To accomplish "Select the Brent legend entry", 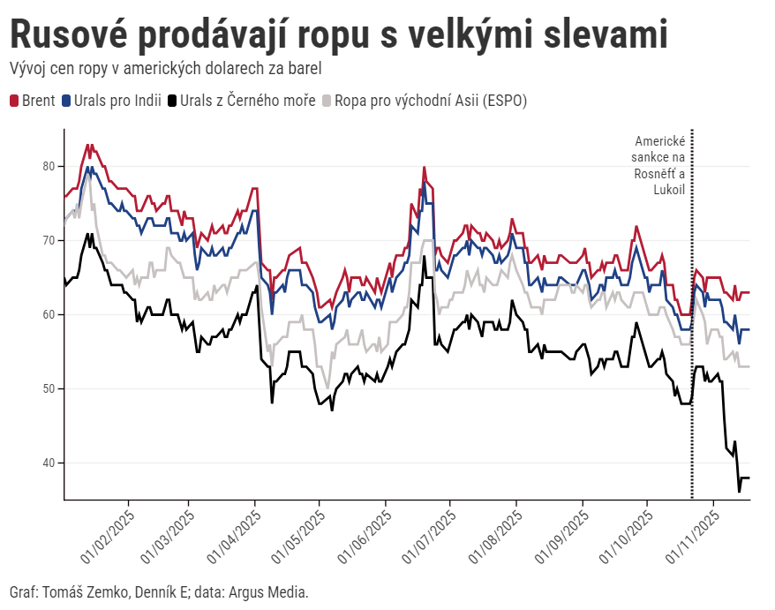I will (33, 101).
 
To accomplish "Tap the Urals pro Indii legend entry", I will (117, 101).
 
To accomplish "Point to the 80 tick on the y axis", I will (49, 166).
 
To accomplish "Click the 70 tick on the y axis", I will (49, 240).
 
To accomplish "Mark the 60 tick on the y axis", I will (49, 314).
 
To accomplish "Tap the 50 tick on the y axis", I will (49, 388).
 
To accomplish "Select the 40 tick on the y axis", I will (49, 463).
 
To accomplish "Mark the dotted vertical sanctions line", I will (691, 353).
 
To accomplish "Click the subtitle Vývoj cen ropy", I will (164, 68).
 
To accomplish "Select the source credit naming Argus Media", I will (159, 591).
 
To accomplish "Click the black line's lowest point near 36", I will (739, 491).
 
